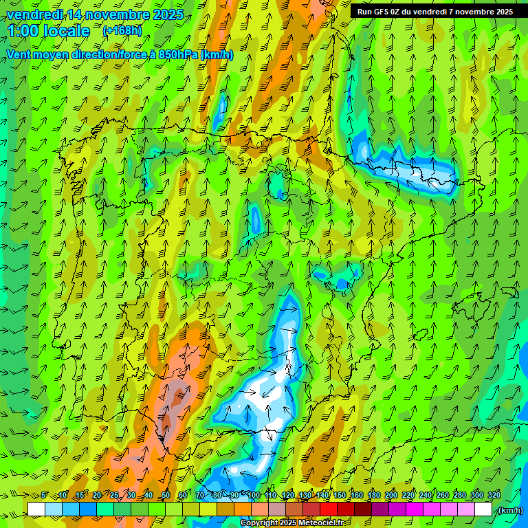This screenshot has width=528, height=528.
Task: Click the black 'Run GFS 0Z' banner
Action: tap(434, 11)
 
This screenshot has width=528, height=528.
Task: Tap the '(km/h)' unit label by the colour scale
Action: tap(510, 509)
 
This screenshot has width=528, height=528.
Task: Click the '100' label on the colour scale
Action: tap(254, 495)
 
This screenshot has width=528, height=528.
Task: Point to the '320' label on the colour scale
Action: tap(493, 495)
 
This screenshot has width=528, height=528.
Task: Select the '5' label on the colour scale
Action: tap(44, 495)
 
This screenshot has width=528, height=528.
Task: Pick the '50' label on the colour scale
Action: tap(166, 495)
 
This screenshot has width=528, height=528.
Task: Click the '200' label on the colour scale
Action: tap(391, 495)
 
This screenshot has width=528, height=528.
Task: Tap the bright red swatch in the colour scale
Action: tap(329, 509)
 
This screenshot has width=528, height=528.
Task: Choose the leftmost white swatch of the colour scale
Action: tap(36, 509)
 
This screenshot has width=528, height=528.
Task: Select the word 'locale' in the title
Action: tap(67, 31)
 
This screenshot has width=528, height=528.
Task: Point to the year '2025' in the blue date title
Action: tap(166, 14)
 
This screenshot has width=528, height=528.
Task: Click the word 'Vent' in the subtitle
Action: tap(20, 55)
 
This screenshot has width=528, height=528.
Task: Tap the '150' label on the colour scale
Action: tap(340, 495)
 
